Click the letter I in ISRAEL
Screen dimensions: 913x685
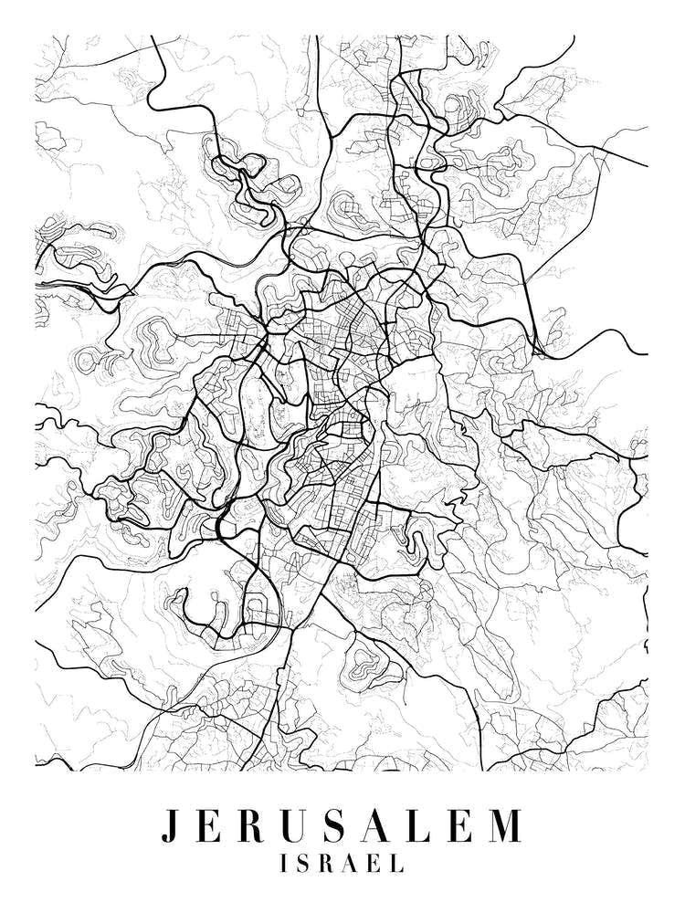pyautogui.click(x=287, y=863)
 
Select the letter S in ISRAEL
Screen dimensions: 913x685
pyautogui.click(x=307, y=863)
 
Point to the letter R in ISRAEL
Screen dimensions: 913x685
pyautogui.click(x=330, y=863)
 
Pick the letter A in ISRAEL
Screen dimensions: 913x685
pyautogui.click(x=354, y=863)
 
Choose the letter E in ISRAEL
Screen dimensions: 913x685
pyautogui.click(x=377, y=863)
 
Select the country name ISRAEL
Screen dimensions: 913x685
pyautogui.click(x=342, y=863)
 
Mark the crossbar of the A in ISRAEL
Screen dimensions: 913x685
pyautogui.click(x=354, y=866)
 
